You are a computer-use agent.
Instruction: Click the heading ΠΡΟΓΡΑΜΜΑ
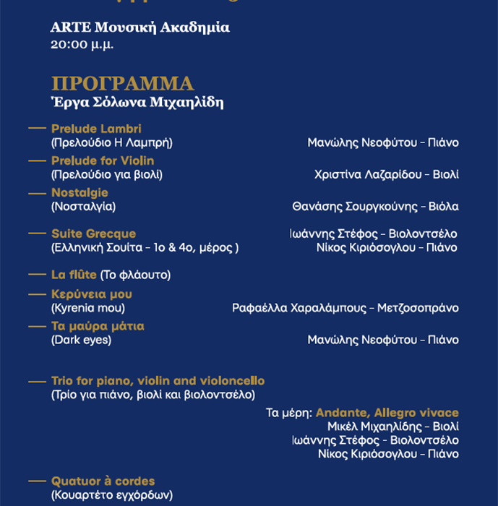tap(122, 84)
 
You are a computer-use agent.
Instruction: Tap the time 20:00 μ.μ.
tap(82, 45)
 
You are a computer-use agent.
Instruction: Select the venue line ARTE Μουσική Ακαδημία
tap(140, 28)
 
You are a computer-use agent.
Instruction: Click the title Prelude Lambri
tap(96, 129)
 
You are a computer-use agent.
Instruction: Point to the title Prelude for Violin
tap(103, 160)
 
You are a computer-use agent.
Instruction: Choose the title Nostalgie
tap(80, 192)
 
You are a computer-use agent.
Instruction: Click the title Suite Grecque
tap(93, 233)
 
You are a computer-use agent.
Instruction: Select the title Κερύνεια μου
tap(92, 294)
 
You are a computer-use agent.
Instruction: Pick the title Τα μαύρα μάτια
tap(98, 326)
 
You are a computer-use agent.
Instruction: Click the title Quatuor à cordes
tap(103, 481)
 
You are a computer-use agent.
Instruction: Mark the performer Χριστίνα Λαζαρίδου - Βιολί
tap(387, 174)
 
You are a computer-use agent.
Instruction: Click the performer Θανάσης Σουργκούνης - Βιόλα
tap(375, 207)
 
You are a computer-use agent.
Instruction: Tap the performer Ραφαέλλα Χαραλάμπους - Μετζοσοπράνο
tap(345, 308)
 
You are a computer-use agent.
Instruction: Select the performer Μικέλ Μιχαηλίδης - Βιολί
tap(392, 426)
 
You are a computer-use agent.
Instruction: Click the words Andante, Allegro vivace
tap(387, 413)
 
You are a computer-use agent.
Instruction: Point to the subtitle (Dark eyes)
tap(81, 340)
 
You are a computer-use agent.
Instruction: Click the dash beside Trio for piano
tap(37, 381)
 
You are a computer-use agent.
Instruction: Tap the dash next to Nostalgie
tap(37, 193)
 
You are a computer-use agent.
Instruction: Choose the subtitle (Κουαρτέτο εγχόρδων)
tap(112, 496)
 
